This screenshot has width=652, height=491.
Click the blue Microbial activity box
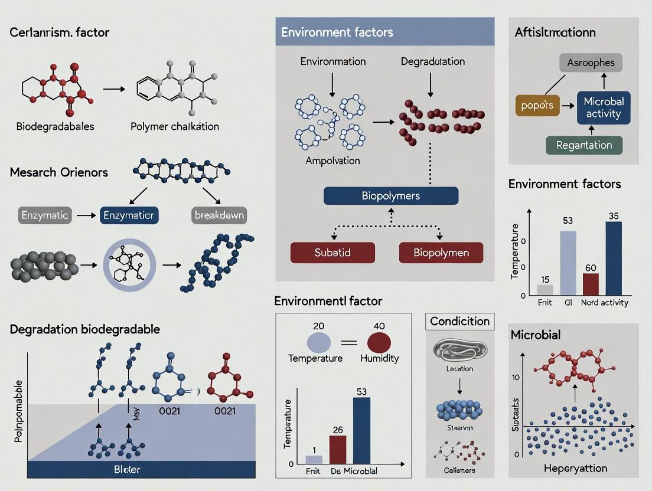tap(604, 107)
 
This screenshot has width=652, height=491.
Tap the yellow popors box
tap(537, 105)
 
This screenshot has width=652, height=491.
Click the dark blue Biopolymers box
tap(390, 195)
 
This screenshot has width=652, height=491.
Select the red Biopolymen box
tap(441, 252)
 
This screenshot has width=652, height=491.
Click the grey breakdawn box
tap(219, 215)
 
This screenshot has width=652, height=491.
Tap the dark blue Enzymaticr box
tap(129, 215)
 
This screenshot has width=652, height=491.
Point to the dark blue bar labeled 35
tap(614, 258)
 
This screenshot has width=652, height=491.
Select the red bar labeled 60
tap(591, 284)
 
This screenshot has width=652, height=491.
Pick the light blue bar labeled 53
tap(568, 263)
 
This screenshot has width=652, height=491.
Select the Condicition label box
tap(459, 322)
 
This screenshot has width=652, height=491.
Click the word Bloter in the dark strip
tap(127, 470)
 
